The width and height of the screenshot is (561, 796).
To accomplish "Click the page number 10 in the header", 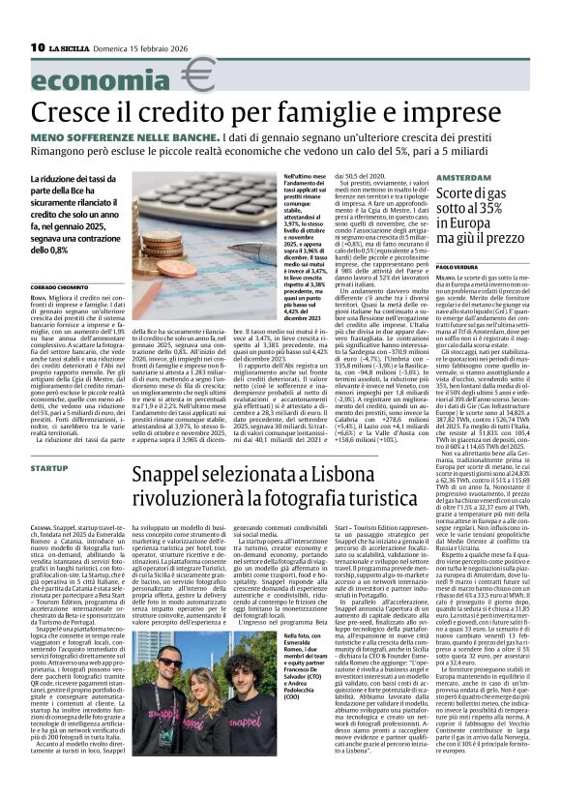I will [38, 47].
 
